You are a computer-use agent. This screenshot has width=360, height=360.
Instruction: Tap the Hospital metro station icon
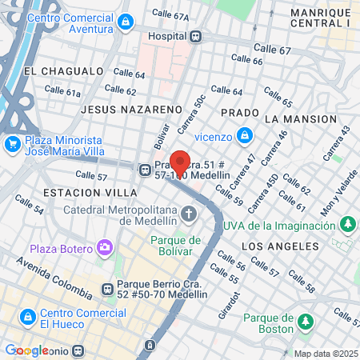point(196,36)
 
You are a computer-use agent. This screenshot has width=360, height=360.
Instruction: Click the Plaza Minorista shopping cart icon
point(12,144)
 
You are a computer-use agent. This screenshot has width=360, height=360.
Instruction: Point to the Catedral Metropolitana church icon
point(189,214)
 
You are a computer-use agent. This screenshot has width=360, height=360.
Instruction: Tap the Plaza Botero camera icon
point(105,247)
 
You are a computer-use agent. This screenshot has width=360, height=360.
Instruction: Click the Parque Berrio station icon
point(107,289)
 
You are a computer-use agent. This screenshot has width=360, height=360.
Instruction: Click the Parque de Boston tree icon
point(304,322)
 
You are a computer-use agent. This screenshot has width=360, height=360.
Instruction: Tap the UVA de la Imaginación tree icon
point(347,224)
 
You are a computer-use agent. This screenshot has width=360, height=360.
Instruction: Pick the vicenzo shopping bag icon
point(244,136)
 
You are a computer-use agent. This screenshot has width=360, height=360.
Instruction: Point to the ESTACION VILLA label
point(78,193)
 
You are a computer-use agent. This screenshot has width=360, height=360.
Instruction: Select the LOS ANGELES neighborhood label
point(274,245)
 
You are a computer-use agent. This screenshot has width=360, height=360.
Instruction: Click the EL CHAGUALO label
point(54,71)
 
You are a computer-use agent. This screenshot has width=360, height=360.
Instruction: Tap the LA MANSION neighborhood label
point(300,118)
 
